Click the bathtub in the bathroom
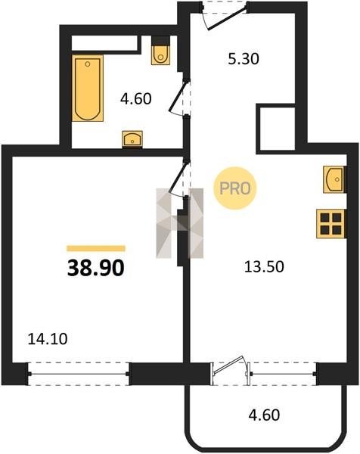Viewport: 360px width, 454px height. pyautogui.click(x=88, y=88)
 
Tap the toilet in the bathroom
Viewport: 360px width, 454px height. pyautogui.click(x=160, y=50)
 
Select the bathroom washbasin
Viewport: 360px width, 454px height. pyautogui.click(x=132, y=139)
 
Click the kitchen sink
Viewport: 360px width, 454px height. pyautogui.click(x=334, y=179)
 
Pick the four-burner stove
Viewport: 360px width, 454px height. pyautogui.click(x=331, y=224)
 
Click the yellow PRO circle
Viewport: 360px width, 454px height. pyautogui.click(x=234, y=188)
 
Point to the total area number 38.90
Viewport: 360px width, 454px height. pyautogui.click(x=96, y=268)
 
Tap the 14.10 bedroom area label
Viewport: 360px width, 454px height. pyautogui.click(x=48, y=339)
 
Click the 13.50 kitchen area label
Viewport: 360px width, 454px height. pyautogui.click(x=264, y=266)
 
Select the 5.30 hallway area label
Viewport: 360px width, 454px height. pyautogui.click(x=244, y=59)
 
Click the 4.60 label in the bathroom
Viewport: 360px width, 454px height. pyautogui.click(x=135, y=98)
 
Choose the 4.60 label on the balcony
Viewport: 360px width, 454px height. pyautogui.click(x=264, y=415)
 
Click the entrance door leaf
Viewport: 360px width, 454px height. pyautogui.click(x=228, y=18)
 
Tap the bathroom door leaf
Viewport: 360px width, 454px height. pyautogui.click(x=177, y=96)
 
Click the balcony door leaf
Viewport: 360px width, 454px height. pyautogui.click(x=228, y=365)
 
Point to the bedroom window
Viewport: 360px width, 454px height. pyautogui.click(x=79, y=374)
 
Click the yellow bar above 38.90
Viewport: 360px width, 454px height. pyautogui.click(x=96, y=248)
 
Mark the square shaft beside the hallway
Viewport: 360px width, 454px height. pyautogui.click(x=278, y=129)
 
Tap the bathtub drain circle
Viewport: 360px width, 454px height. pyautogui.click(x=88, y=64)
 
